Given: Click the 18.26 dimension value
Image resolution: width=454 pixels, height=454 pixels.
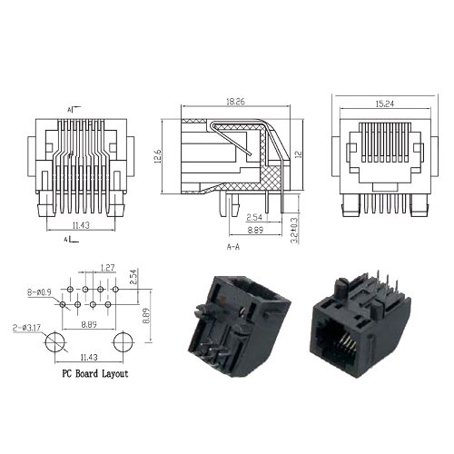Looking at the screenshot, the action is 235,102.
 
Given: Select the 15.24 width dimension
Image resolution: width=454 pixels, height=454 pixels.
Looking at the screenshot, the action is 385,104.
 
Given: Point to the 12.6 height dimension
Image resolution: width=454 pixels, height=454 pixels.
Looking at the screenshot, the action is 158,156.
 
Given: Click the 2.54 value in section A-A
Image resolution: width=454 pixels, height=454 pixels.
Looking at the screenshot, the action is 254,217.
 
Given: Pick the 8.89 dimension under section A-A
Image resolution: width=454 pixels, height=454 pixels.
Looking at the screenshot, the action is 255,230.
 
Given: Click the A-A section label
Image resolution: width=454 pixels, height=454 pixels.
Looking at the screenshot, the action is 233,247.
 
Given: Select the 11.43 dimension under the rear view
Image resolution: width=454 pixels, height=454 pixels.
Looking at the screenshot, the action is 81,225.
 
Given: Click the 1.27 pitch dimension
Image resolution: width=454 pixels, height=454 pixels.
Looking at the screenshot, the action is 108,268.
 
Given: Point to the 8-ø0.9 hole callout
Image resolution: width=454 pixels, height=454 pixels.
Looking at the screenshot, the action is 39,292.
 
